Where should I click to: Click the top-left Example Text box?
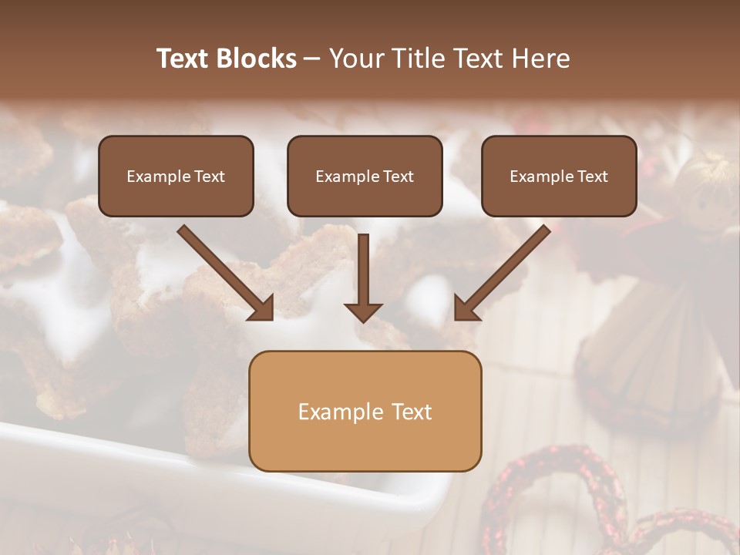(x=176, y=176)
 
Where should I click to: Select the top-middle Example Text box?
(x=365, y=176)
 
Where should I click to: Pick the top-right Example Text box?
(x=559, y=176)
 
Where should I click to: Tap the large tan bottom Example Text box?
(x=365, y=411)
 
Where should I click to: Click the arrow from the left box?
(x=224, y=271)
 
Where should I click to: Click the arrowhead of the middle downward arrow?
(x=363, y=311)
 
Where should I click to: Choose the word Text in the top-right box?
(x=592, y=177)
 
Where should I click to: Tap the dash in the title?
(x=312, y=59)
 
